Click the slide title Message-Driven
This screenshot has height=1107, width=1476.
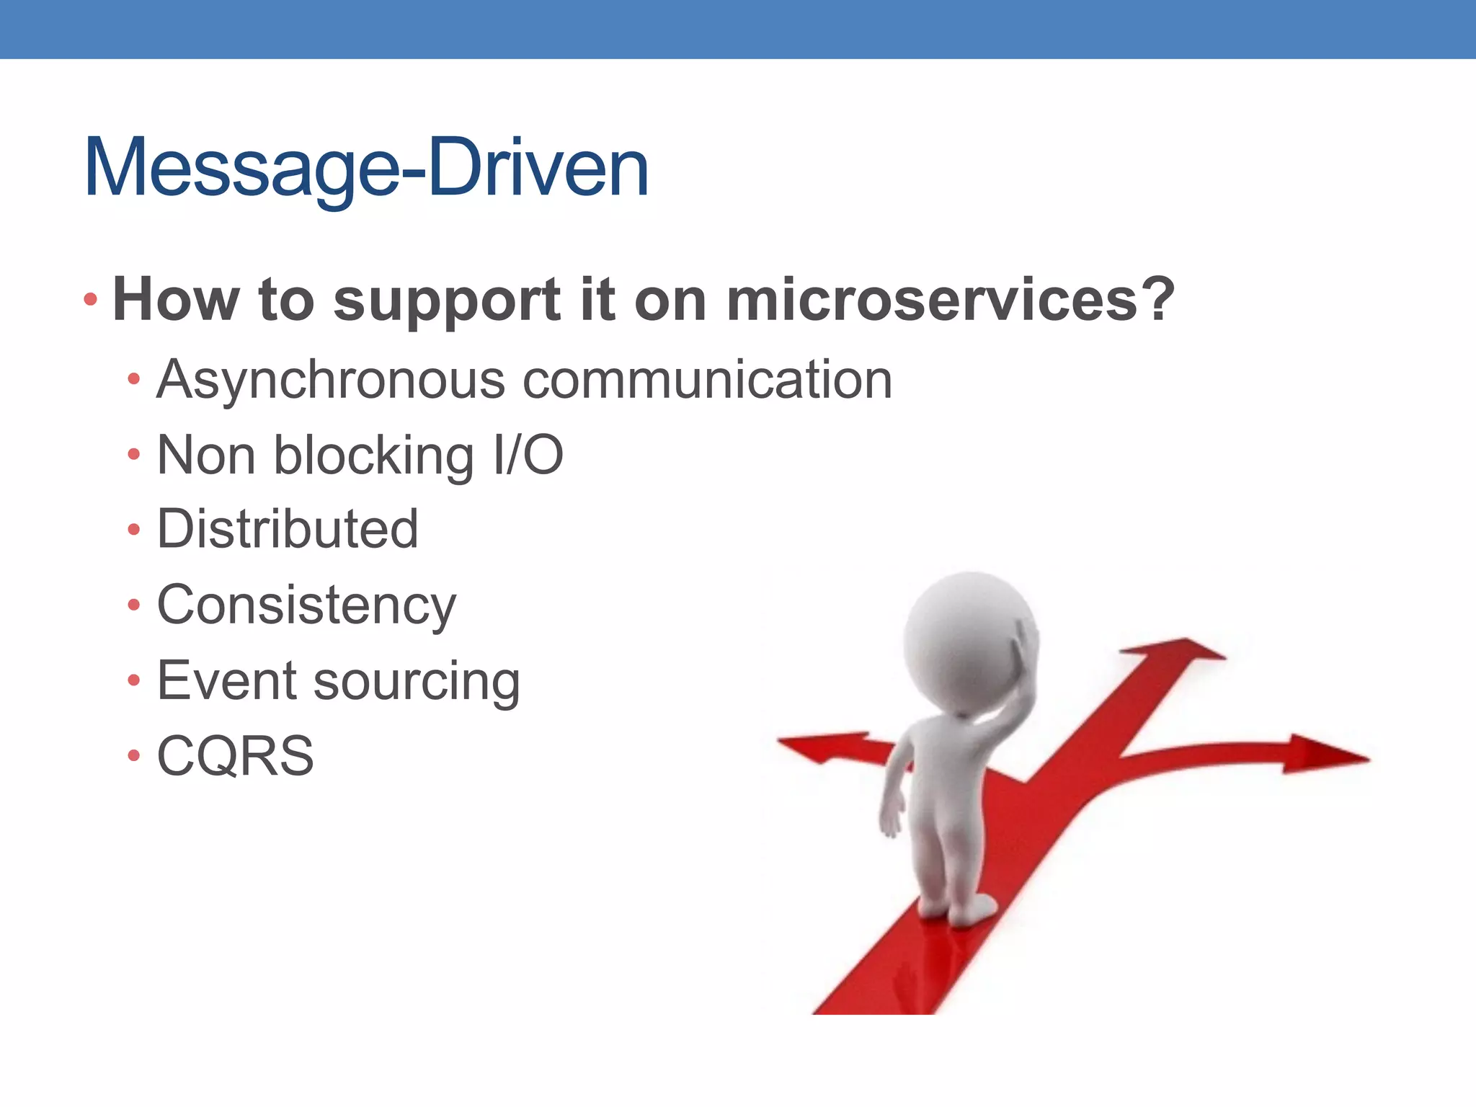click(x=366, y=168)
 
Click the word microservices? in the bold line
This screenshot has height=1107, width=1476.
click(x=950, y=299)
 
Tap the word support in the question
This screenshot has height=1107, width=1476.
click(x=446, y=301)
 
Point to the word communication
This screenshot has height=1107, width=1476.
click(x=707, y=380)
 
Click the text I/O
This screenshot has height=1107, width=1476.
click(x=528, y=455)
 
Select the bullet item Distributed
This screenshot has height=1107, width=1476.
click(x=288, y=529)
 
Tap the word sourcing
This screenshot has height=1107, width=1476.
click(x=416, y=682)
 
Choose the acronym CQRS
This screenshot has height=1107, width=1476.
click(x=236, y=756)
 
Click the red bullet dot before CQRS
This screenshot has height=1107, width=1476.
click(x=133, y=756)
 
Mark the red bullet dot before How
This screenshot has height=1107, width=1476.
click(x=90, y=299)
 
